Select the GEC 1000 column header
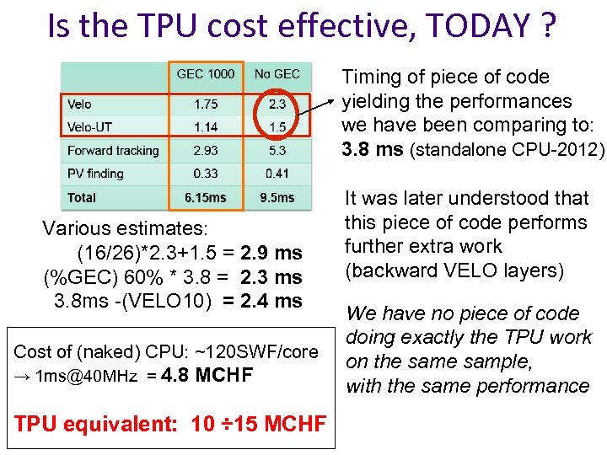pos(206,74)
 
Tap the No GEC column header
pos(277,74)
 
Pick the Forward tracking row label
pos(113,151)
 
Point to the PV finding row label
pos(95,174)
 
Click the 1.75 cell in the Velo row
pos(206,104)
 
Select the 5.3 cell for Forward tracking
pos(277,151)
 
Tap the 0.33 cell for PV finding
pos(206,174)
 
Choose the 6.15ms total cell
pos(206,197)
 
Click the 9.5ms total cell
pos(277,197)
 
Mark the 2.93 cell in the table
pos(206,151)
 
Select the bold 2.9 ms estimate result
pos(271,253)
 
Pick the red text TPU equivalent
pos(94,423)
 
